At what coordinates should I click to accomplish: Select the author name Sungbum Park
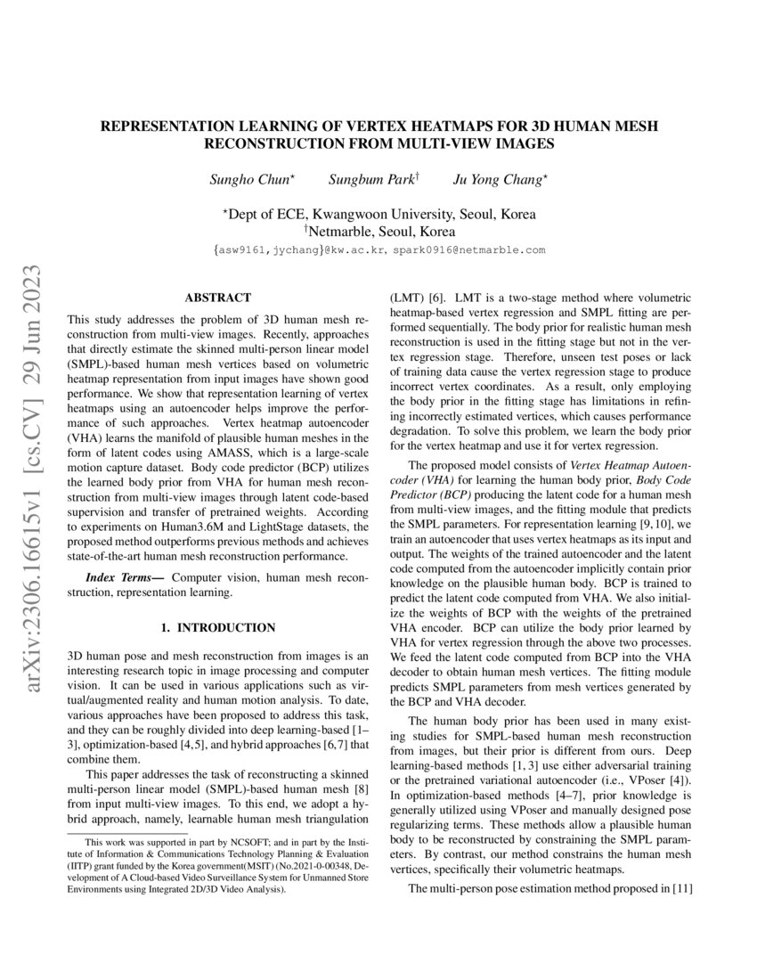[366, 181]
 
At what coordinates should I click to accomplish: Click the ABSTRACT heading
[217, 298]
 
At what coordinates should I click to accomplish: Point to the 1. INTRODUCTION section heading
[217, 629]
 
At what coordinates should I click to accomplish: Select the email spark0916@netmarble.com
[468, 251]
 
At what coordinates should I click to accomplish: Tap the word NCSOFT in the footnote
[239, 842]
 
